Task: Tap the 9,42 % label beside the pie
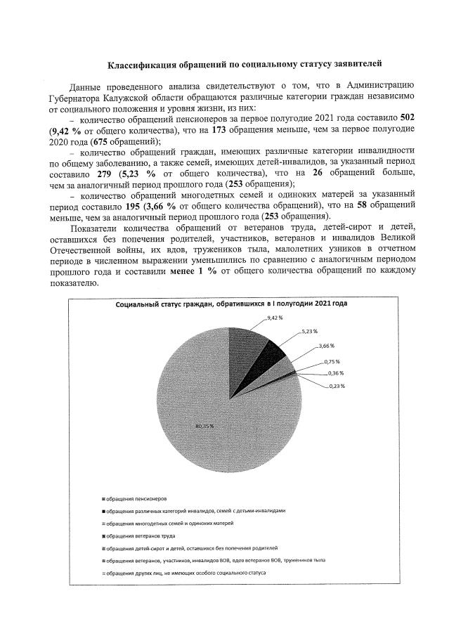[x=275, y=318]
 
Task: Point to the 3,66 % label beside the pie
[x=326, y=346]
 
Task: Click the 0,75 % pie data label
[x=332, y=361]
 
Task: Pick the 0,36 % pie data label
[x=335, y=373]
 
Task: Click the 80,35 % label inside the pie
[x=204, y=426]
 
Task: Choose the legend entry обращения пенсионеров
[x=136, y=498]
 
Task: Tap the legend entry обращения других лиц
[x=185, y=573]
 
